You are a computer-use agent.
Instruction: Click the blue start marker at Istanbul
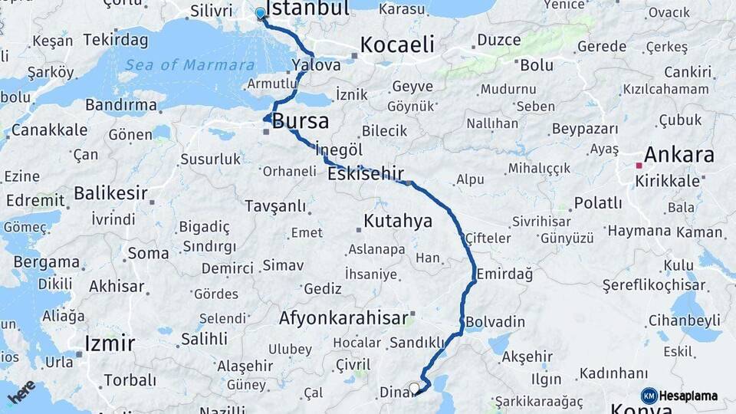pyautogui.click(x=261, y=13)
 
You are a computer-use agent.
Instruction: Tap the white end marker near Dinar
pyautogui.click(x=414, y=388)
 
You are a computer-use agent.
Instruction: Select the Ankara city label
pyautogui.click(x=678, y=155)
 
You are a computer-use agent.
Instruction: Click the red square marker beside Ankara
pyautogui.click(x=639, y=165)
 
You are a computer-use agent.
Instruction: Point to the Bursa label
pyautogui.click(x=301, y=121)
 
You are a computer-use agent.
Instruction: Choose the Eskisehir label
pyautogui.click(x=365, y=174)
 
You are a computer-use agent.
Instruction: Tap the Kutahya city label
pyautogui.click(x=397, y=222)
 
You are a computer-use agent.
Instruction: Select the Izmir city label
pyautogui.click(x=110, y=343)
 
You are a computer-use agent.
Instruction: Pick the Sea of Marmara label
pyautogui.click(x=189, y=65)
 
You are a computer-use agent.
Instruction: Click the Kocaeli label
pyautogui.click(x=396, y=44)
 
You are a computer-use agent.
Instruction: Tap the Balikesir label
pyautogui.click(x=110, y=193)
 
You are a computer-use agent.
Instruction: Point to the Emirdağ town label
pyautogui.click(x=504, y=274)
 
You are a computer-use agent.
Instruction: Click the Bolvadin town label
pyautogui.click(x=495, y=321)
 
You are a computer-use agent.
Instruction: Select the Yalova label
pyautogui.click(x=316, y=65)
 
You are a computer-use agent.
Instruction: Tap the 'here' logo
pyautogui.click(x=21, y=392)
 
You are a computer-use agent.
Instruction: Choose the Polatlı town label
pyautogui.click(x=598, y=203)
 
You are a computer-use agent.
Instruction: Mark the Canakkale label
pyautogui.click(x=48, y=130)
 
